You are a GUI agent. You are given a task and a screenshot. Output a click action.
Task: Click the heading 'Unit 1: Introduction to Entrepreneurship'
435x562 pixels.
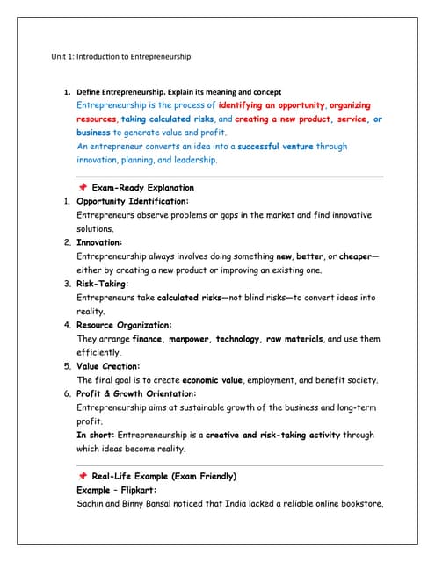pyautogui.click(x=122, y=56)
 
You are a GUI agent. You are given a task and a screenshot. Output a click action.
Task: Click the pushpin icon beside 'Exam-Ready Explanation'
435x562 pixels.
pyautogui.click(x=82, y=187)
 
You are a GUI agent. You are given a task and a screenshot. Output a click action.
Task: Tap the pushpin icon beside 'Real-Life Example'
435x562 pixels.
pyautogui.click(x=82, y=476)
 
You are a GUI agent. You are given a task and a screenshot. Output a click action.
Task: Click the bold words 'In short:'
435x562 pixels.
pyautogui.click(x=95, y=435)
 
